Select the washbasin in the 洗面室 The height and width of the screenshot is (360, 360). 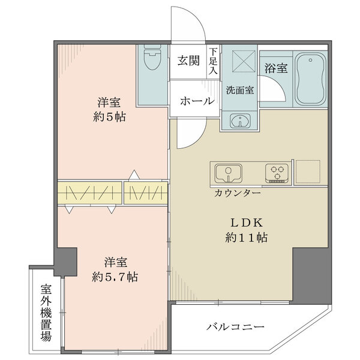pyautogui.click(x=240, y=121)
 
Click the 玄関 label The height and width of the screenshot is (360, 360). pyautogui.click(x=188, y=61)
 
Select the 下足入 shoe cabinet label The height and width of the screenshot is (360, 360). pyautogui.click(x=214, y=62)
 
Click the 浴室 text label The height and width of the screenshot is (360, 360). pyautogui.click(x=275, y=68)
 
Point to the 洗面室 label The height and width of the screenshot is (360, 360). pyautogui.click(x=239, y=91)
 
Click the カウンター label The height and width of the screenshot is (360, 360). pyautogui.click(x=236, y=193)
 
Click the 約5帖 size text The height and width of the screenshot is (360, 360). pyautogui.click(x=109, y=117)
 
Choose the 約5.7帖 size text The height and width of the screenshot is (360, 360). pyautogui.click(x=116, y=277)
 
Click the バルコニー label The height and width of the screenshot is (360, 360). pyautogui.click(x=235, y=327)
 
